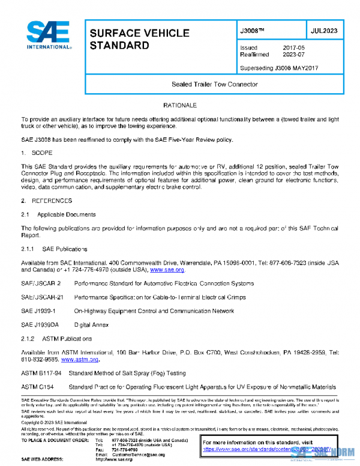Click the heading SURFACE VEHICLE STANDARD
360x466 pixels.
[x=139, y=39]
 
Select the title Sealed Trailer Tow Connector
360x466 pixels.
[x=214, y=84]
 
